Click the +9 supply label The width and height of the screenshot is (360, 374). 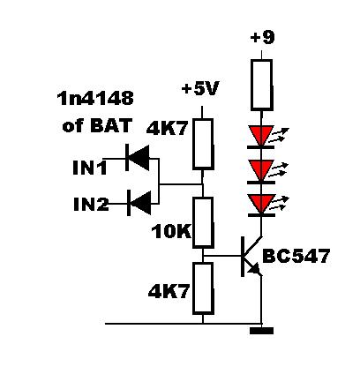point(262,38)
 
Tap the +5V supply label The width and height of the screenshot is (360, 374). point(200,88)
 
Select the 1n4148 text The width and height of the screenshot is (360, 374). point(95,98)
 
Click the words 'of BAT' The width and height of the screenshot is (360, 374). point(96,125)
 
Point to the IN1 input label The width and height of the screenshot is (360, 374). point(90,168)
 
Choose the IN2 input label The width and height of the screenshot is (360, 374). point(91,204)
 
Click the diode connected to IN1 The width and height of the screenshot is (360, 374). point(138,158)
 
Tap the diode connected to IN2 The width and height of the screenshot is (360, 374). point(139,203)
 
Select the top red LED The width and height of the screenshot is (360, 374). point(261,137)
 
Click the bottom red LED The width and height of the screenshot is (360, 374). point(261,205)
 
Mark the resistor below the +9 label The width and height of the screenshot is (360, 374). point(261,85)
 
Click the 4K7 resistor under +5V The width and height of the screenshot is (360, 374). point(203,144)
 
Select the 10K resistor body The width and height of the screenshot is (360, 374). point(203,222)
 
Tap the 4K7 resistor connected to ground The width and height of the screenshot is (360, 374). point(203,288)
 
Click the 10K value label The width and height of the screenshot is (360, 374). point(171,232)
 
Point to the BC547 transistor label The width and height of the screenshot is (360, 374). point(296,256)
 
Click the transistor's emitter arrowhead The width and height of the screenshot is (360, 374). point(255,268)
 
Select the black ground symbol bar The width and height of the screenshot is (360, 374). point(261,331)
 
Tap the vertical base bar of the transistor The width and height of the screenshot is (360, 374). point(243,257)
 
